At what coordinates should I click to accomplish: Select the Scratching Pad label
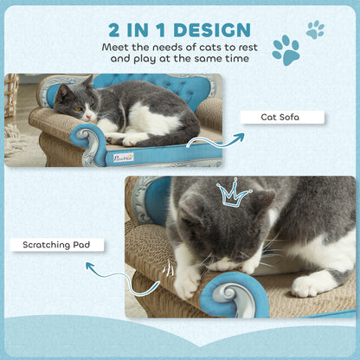tap(57, 245)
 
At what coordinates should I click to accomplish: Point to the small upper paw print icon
tap(315, 29)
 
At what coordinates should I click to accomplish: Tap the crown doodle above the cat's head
tap(233, 193)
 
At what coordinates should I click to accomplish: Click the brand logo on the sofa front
tap(123, 157)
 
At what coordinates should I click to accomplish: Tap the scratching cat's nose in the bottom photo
tap(224, 262)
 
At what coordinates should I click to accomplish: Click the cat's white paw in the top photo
tap(133, 138)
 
